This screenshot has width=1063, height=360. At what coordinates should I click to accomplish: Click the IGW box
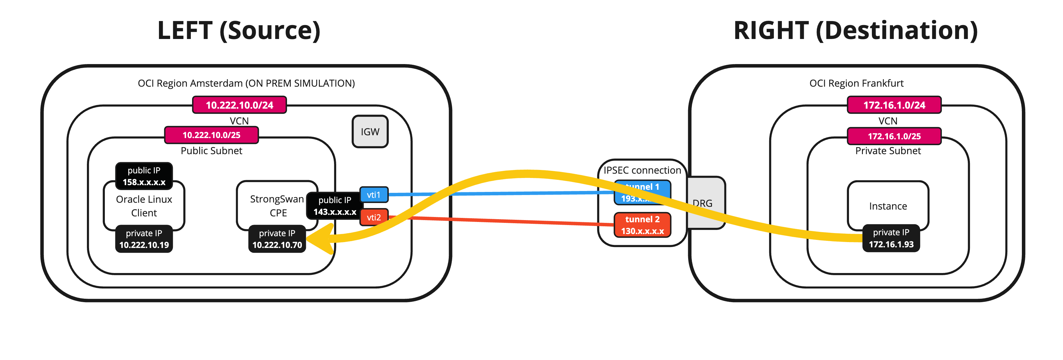coord(370,132)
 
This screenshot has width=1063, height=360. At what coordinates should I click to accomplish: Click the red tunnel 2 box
coord(642,225)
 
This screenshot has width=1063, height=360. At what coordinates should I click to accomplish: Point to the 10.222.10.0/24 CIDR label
coord(239,105)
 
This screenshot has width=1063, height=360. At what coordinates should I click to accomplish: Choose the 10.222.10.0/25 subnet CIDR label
coord(211,135)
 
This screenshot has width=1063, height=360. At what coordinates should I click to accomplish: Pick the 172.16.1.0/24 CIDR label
coord(894,105)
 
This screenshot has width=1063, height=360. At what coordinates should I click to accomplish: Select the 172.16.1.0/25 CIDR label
coord(894,136)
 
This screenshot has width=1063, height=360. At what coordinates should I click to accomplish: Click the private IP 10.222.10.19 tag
coord(144,239)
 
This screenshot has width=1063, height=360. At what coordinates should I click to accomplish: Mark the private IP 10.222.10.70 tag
coord(277,239)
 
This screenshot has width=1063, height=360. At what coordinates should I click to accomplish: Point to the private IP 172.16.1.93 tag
coord(891,238)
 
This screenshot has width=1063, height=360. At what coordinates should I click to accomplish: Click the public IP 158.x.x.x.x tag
coord(144,176)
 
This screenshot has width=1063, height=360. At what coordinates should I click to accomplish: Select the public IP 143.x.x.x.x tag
coord(335,206)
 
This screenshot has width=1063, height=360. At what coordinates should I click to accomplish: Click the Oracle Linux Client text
coord(144,206)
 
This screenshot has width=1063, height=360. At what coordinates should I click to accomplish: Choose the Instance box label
coord(888,206)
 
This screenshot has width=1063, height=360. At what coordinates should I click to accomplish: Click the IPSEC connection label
coord(642,170)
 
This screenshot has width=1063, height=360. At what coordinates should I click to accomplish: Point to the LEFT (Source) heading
coord(239,31)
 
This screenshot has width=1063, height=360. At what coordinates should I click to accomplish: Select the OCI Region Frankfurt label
coord(856,83)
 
